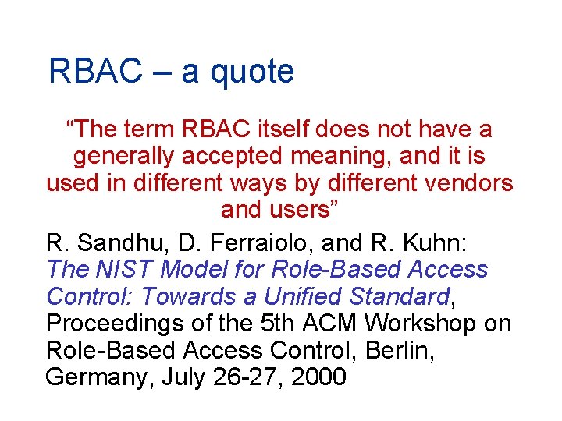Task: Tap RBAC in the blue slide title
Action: coord(96,72)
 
